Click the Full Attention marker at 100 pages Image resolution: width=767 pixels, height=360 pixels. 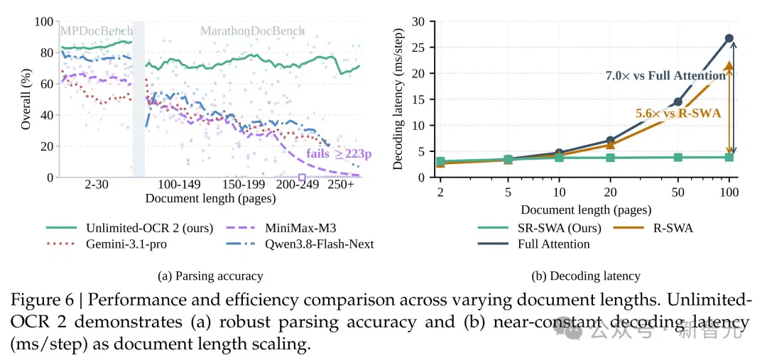pyautogui.click(x=729, y=38)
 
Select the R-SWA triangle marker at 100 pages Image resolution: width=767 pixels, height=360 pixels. pyautogui.click(x=729, y=65)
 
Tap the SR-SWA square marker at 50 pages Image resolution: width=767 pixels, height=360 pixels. pyautogui.click(x=678, y=157)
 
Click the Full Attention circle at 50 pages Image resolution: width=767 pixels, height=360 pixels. pyautogui.click(x=678, y=102)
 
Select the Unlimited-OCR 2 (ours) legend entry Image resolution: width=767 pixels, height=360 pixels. pyautogui.click(x=130, y=228)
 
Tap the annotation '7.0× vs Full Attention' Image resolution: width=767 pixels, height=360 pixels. pyautogui.click(x=665, y=75)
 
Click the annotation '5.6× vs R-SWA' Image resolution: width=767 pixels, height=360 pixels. pyautogui.click(x=678, y=113)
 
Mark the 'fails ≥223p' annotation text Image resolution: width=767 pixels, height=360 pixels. pyautogui.click(x=339, y=153)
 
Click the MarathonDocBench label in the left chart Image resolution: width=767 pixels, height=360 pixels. pyautogui.click(x=252, y=31)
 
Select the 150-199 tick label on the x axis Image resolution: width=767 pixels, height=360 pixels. pyautogui.click(x=244, y=185)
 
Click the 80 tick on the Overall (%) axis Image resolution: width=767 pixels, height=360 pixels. pyautogui.click(x=48, y=53)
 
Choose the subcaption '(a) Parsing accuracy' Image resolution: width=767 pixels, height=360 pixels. pyautogui.click(x=210, y=276)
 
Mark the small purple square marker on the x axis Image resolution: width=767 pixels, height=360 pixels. pyautogui.click(x=302, y=177)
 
